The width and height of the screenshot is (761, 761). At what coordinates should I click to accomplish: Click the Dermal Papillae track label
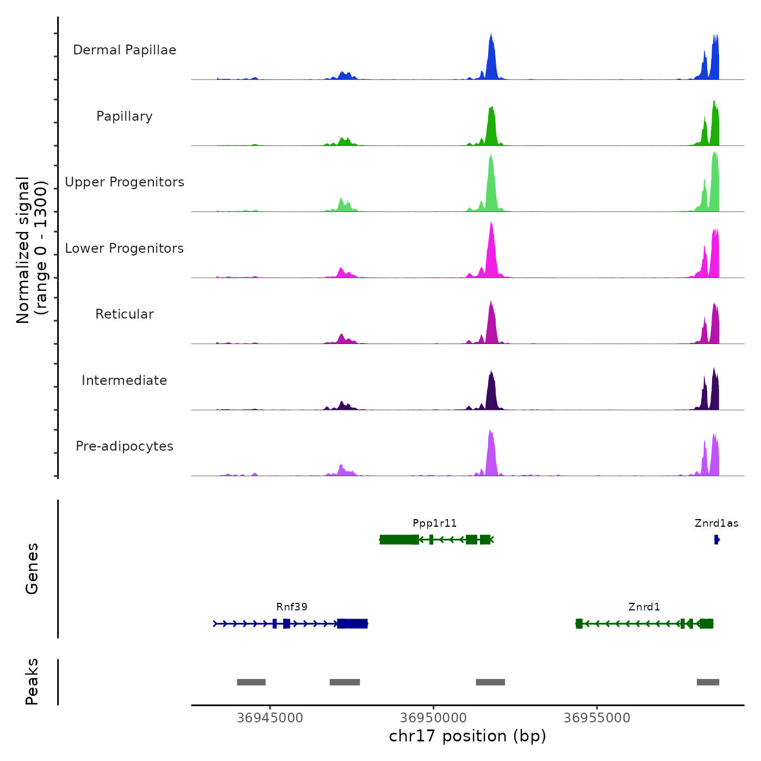pos(124,50)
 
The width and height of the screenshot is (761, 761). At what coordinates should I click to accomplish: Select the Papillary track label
pos(124,116)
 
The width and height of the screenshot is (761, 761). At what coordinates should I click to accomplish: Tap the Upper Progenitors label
pos(124,182)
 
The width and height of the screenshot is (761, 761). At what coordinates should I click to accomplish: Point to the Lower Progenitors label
pos(124,248)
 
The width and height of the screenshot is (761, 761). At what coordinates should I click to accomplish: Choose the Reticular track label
pos(124,314)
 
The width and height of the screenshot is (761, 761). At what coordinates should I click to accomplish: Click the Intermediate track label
pos(124,380)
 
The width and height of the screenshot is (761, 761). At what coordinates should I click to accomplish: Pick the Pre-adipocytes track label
pos(124,446)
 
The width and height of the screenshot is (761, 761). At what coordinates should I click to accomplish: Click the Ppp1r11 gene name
pos(435,523)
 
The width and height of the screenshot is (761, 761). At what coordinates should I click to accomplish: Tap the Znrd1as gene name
pos(716,523)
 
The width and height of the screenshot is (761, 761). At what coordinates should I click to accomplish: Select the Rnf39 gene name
pos(292,607)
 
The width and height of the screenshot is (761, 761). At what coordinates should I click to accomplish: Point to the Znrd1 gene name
pos(644,607)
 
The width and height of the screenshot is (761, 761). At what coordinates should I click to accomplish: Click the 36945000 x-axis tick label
pos(270,718)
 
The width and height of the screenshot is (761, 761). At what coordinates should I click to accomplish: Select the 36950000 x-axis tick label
pos(434,718)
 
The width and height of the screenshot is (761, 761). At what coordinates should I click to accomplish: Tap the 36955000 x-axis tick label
pos(597,718)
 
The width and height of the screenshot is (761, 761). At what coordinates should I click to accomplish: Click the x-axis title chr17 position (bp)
pos(467,736)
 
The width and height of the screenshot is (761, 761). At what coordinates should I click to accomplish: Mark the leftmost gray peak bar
pos(251,682)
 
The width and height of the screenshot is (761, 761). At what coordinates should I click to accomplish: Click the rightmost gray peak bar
pos(708,682)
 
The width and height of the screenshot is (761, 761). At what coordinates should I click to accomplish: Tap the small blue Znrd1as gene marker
pos(717,540)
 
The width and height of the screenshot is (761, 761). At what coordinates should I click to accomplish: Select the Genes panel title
pos(32,569)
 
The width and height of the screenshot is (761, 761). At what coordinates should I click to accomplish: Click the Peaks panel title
pos(32,682)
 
